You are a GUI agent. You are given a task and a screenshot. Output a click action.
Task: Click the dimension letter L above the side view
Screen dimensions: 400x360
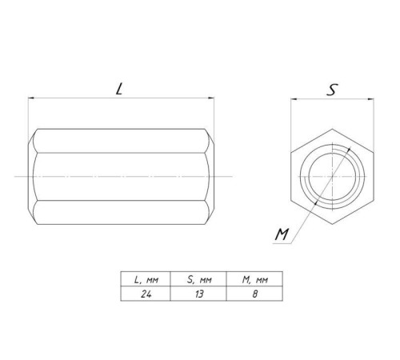(x=119, y=89)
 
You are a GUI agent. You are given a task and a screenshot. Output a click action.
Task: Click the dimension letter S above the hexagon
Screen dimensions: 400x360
(x=332, y=90)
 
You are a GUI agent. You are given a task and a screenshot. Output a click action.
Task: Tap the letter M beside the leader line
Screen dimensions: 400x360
(x=282, y=234)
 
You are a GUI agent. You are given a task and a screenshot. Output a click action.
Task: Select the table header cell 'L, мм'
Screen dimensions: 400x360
(x=146, y=279)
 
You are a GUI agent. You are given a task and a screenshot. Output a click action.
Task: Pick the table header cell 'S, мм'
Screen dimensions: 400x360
(x=198, y=279)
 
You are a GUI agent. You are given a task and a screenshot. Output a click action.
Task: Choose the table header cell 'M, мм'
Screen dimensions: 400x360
(x=254, y=279)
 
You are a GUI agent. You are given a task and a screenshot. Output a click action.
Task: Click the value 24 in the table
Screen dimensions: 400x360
(x=146, y=294)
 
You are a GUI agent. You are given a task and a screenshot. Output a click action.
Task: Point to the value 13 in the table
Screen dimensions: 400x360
(x=199, y=294)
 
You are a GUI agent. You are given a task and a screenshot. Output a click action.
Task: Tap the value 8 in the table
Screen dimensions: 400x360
(x=255, y=294)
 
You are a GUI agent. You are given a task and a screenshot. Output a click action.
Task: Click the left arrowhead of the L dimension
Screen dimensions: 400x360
(x=31, y=98)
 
